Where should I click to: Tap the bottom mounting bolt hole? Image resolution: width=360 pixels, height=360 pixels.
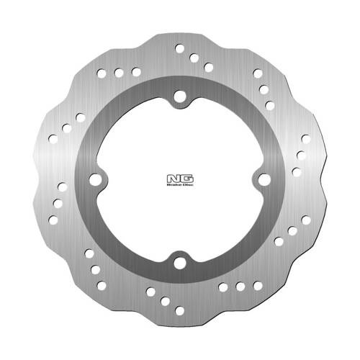[179, 263]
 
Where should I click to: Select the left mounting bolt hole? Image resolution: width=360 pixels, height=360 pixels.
[96, 179]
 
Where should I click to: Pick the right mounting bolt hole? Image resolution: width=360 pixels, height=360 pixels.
[263, 179]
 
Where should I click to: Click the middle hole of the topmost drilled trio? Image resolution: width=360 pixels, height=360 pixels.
[194, 58]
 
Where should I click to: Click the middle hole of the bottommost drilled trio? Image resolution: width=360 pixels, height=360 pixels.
[165, 301]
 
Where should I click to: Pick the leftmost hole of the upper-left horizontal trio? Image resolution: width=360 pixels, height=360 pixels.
[102, 73]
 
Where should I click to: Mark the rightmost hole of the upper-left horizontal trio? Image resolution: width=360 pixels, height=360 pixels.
[136, 71]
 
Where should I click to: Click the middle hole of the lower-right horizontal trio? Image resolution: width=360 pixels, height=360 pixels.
[240, 287]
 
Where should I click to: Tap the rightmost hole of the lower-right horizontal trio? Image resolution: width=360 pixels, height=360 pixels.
[257, 286]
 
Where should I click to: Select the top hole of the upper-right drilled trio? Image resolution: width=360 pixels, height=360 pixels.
[258, 73]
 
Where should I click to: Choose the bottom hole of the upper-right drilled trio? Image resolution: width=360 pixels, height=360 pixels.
[269, 105]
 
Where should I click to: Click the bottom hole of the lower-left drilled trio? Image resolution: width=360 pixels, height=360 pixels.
[102, 285]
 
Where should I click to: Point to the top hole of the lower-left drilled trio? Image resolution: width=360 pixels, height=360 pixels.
[89, 253]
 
